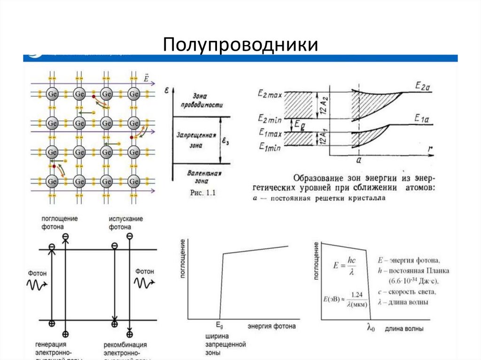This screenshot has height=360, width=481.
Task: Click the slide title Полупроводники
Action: tap(240, 45)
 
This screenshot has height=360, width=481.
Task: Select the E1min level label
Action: tap(270, 147)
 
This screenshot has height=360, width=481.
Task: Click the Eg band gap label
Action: tap(299, 124)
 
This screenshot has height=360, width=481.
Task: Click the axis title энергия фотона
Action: tap(272, 326)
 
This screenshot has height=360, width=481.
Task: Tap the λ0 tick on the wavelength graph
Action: tap(371, 328)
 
